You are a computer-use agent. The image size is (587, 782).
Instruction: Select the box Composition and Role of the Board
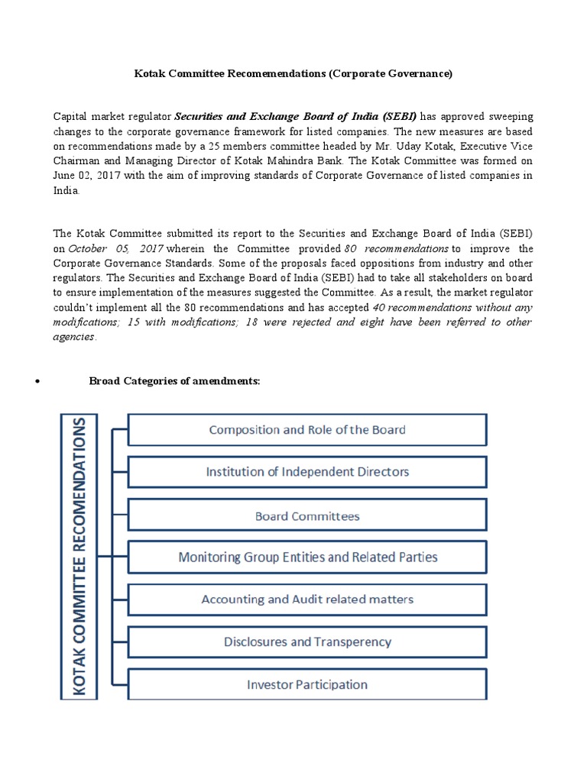tap(307, 429)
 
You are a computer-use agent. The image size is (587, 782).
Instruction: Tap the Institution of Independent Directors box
tap(307, 472)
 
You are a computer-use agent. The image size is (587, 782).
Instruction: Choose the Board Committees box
tap(307, 516)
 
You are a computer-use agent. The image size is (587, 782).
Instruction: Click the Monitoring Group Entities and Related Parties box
tap(307, 557)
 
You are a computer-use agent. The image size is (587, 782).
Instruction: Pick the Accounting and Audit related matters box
tap(307, 599)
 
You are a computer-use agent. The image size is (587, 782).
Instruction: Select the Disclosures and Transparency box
tap(307, 642)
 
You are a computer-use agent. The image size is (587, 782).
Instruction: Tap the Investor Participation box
tap(307, 684)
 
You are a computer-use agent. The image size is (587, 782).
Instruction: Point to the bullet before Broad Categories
tap(37, 381)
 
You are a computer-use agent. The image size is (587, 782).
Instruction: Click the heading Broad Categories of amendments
tap(175, 380)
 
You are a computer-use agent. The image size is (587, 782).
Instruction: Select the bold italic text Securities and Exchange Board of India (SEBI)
tap(296, 117)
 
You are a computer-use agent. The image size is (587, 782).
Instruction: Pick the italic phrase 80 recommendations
tap(396, 249)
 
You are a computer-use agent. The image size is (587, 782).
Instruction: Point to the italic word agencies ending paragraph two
tap(73, 337)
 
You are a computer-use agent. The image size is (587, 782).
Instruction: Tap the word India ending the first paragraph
tap(66, 191)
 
